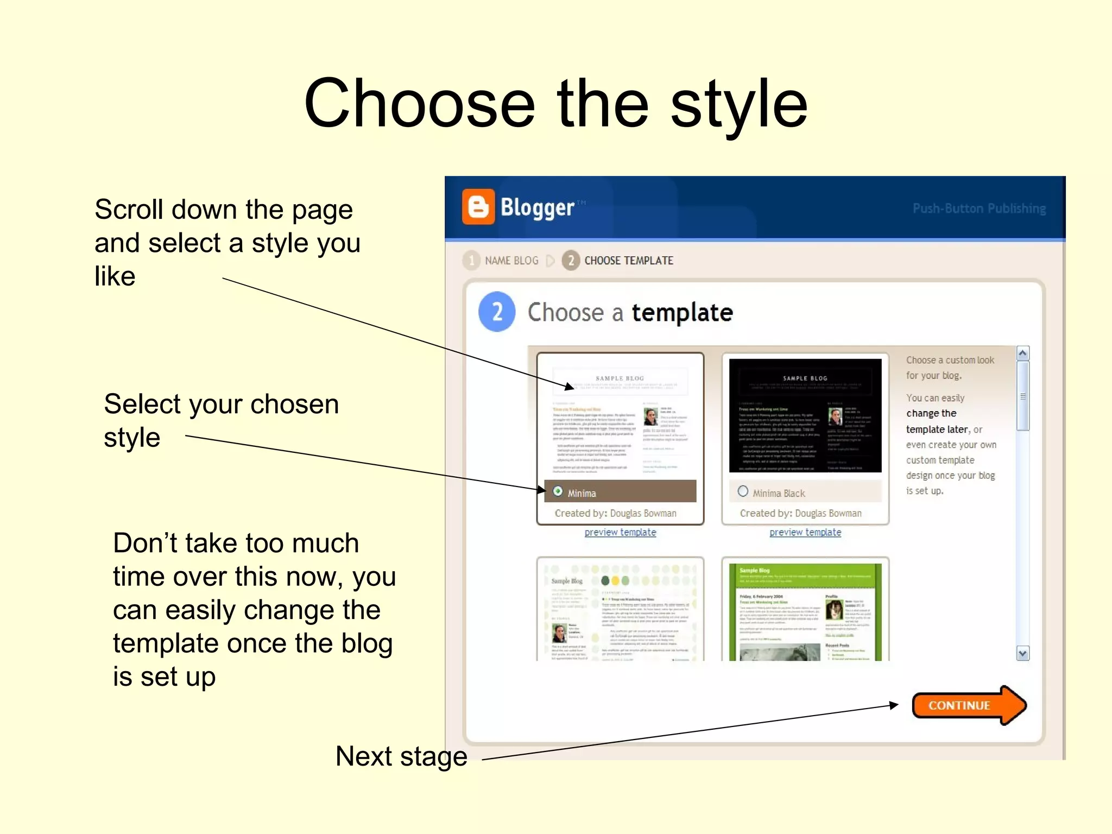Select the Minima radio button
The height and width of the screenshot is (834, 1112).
pos(558,491)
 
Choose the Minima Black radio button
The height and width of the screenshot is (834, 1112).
pos(743,491)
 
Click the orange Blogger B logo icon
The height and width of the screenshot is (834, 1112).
pos(478,207)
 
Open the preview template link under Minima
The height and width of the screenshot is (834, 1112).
pos(620,533)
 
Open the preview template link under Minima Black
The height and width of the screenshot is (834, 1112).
pos(805,533)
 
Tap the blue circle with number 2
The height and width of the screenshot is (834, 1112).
pos(497,312)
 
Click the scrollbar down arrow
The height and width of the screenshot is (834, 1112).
pos(1022,653)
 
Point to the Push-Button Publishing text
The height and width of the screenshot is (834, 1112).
pos(978,208)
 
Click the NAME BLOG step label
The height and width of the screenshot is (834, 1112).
pos(511,261)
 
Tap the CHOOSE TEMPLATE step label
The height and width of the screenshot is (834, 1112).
pos(628,261)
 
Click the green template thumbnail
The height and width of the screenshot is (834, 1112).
pos(805,611)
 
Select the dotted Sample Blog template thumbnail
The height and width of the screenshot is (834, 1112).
pos(620,611)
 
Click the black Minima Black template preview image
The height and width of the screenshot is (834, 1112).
pos(805,415)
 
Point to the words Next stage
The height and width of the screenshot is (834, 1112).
pos(401,756)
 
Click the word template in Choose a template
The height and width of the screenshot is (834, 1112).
pos(682,313)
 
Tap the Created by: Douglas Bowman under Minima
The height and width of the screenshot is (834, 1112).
pos(615,513)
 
